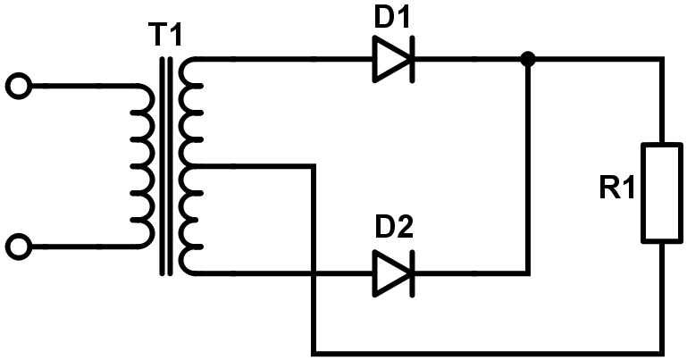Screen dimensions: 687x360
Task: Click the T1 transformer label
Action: click(167, 35)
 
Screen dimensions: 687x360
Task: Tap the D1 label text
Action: click(392, 18)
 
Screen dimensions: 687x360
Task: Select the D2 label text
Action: click(394, 227)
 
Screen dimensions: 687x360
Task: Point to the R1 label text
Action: click(617, 189)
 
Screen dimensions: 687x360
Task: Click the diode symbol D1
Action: click(393, 59)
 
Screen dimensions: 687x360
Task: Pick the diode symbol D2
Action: click(393, 273)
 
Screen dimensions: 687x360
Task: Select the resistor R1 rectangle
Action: click(662, 193)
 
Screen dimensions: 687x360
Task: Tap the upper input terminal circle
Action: click(19, 86)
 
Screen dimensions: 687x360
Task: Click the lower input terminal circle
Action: click(19, 247)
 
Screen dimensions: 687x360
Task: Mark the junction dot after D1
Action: click(528, 59)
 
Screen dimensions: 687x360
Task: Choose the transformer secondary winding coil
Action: click(192, 166)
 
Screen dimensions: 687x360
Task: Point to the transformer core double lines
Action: click(166, 166)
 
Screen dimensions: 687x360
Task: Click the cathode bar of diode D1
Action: click(412, 59)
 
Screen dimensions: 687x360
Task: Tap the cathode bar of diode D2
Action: click(412, 273)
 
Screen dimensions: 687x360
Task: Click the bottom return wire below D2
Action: click(488, 352)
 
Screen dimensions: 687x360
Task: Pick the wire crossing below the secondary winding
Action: click(314, 273)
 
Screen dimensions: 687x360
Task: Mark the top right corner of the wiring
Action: click(662, 59)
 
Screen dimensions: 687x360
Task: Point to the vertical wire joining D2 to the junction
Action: click(528, 166)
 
